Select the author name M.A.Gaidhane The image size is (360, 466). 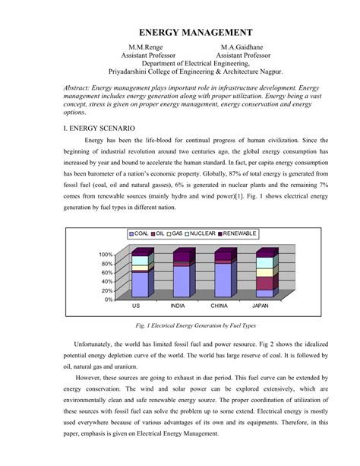coord(243,47)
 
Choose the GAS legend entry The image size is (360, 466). coord(177,233)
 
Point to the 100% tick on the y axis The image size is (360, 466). coord(106,255)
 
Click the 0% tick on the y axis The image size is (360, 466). coord(109,299)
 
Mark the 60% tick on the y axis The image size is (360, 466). coord(107,272)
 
